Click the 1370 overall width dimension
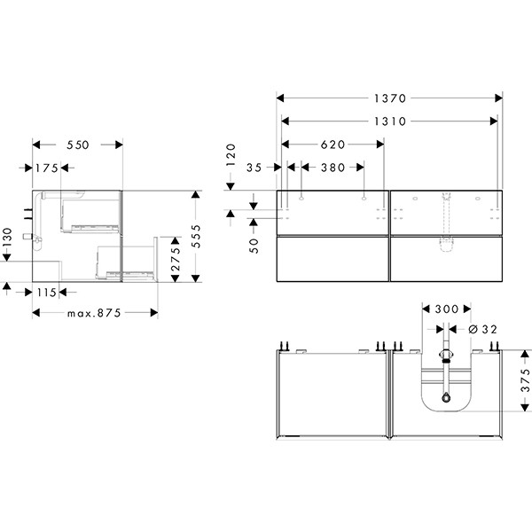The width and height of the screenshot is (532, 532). pyautogui.click(x=390, y=98)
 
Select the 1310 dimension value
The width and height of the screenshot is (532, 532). pyautogui.click(x=390, y=121)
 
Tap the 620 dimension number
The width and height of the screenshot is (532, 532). pyautogui.click(x=332, y=145)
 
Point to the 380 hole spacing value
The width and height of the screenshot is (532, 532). pyautogui.click(x=332, y=168)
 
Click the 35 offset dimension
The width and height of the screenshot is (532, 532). pyautogui.click(x=254, y=168)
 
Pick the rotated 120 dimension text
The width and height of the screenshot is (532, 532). pyautogui.click(x=231, y=154)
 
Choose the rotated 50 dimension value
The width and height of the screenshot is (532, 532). pyautogui.click(x=254, y=246)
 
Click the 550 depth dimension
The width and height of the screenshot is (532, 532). pyautogui.click(x=78, y=145)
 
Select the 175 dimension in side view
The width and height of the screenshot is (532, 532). pyautogui.click(x=47, y=168)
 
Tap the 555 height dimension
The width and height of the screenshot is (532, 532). pyautogui.click(x=196, y=236)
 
